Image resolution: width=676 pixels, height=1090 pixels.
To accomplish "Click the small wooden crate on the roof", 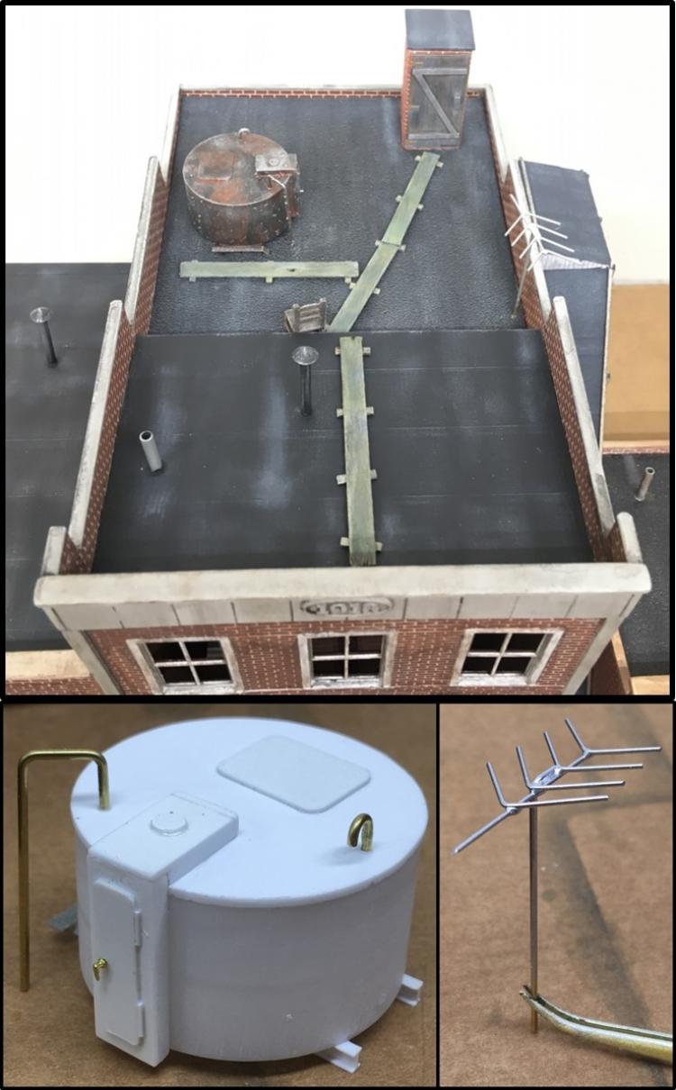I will pyautogui.click(x=305, y=317).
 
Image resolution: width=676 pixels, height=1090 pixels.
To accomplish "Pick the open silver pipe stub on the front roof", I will pyautogui.click(x=151, y=450).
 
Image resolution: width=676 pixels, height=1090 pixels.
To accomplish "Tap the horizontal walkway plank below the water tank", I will pyautogui.click(x=269, y=269).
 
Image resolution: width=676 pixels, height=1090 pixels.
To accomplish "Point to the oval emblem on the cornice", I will pyautogui.click(x=347, y=606).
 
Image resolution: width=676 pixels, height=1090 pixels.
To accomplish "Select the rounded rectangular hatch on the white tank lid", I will pyautogui.click(x=295, y=772).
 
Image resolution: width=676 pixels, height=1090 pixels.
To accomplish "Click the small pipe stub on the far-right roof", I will pyautogui.click(x=644, y=484).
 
